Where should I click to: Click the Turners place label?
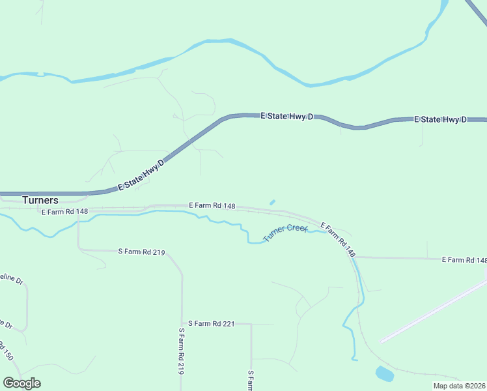(x=40, y=200)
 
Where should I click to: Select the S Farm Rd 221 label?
(x=210, y=323)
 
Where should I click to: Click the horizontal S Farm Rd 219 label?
(x=141, y=252)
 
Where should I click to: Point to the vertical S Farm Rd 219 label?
(x=182, y=351)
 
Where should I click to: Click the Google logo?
(x=21, y=383)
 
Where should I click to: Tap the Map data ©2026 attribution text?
(x=459, y=386)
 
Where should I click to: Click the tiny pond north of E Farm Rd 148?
(x=271, y=202)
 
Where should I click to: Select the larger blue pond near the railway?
(x=385, y=374)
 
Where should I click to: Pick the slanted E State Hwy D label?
(x=140, y=176)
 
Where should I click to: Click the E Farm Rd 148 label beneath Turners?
(x=64, y=212)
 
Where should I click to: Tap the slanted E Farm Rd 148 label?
(x=339, y=239)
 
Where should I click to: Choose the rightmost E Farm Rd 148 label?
(x=464, y=260)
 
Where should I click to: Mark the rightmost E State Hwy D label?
(x=441, y=120)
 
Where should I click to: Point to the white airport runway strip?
(x=433, y=311)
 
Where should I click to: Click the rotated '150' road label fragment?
(x=7, y=353)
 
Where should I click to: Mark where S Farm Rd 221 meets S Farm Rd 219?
(x=182, y=323)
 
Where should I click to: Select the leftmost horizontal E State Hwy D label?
(x=287, y=116)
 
